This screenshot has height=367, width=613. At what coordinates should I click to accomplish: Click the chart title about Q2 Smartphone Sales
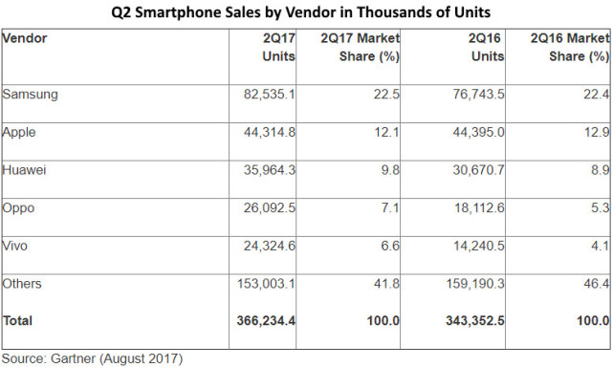[300, 12]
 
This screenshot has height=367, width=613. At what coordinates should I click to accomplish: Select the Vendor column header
[24, 38]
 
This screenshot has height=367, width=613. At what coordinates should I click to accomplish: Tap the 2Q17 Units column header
[278, 47]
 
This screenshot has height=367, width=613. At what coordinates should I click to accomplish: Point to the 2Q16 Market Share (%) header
[570, 47]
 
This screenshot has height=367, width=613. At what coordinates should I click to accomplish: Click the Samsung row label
[30, 95]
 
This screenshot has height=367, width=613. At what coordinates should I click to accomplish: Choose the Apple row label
[19, 133]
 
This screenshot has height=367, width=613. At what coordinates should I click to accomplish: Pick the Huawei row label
[24, 170]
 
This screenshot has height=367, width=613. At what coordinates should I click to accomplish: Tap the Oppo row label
[18, 208]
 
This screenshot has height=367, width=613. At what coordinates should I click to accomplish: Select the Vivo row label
[15, 246]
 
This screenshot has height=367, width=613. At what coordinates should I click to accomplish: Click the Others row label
[22, 284]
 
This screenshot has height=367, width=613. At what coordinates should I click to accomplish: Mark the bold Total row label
[17, 321]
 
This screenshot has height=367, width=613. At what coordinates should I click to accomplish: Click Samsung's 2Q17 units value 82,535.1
[270, 95]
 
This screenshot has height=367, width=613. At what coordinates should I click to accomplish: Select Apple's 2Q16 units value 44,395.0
[478, 132]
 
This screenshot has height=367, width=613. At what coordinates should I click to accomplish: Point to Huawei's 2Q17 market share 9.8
[390, 170]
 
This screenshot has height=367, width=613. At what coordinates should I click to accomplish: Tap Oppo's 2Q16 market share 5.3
[601, 208]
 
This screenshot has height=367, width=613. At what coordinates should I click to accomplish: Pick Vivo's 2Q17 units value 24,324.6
[270, 246]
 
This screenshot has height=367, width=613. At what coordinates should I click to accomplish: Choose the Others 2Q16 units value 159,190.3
[475, 284]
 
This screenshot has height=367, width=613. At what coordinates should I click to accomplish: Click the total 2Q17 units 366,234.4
[266, 321]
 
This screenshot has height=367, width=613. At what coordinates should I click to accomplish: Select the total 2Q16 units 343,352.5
[475, 321]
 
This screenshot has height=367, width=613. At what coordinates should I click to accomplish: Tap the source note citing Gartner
[92, 358]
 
